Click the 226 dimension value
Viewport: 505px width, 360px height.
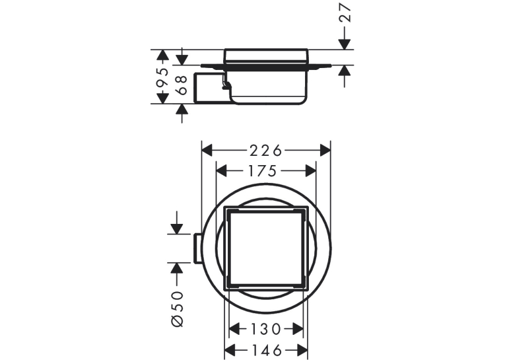(x=266, y=151)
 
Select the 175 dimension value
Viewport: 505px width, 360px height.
(x=262, y=171)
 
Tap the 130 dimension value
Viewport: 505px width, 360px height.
(x=265, y=329)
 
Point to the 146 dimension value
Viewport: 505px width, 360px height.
(x=266, y=350)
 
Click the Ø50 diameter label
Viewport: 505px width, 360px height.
(x=178, y=308)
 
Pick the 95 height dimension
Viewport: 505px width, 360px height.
(x=162, y=77)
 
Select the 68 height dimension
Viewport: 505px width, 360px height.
(x=182, y=85)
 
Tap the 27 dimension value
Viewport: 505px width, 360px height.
(x=345, y=13)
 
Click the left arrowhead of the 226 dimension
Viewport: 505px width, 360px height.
(x=207, y=151)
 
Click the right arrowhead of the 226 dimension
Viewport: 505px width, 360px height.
(x=325, y=151)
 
